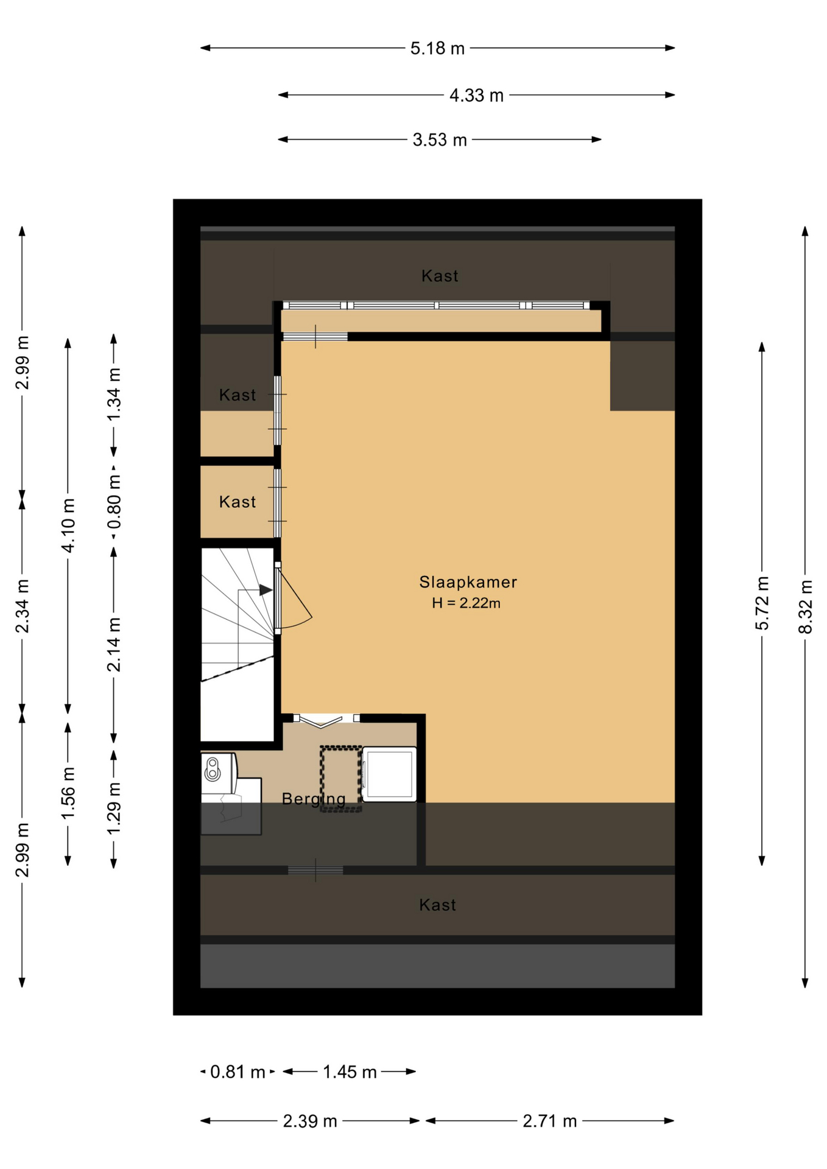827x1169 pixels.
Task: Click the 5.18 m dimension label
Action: click(437, 48)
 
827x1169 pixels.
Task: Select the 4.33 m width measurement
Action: click(476, 96)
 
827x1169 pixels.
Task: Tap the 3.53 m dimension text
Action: click(440, 140)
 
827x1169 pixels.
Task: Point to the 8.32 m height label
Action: click(805, 606)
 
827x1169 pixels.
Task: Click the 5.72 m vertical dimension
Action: click(762, 603)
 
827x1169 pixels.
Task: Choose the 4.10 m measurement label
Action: click(68, 525)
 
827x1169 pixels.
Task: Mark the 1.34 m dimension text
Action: click(114, 395)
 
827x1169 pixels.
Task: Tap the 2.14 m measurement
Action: click(114, 645)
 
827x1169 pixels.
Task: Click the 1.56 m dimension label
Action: click(68, 793)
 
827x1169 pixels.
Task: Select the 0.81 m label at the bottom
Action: click(238, 1072)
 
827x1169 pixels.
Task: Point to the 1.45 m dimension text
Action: click(350, 1072)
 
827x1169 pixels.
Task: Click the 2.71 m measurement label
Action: click(549, 1122)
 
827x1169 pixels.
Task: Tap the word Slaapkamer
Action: click(468, 582)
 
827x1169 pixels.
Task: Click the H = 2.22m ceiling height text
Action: click(466, 603)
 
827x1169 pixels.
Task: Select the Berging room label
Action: click(314, 799)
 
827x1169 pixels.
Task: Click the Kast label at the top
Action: click(440, 276)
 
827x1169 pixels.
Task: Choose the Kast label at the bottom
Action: click(437, 905)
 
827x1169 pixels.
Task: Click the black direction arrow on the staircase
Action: click(266, 590)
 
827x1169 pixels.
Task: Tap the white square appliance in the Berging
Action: click(389, 774)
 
